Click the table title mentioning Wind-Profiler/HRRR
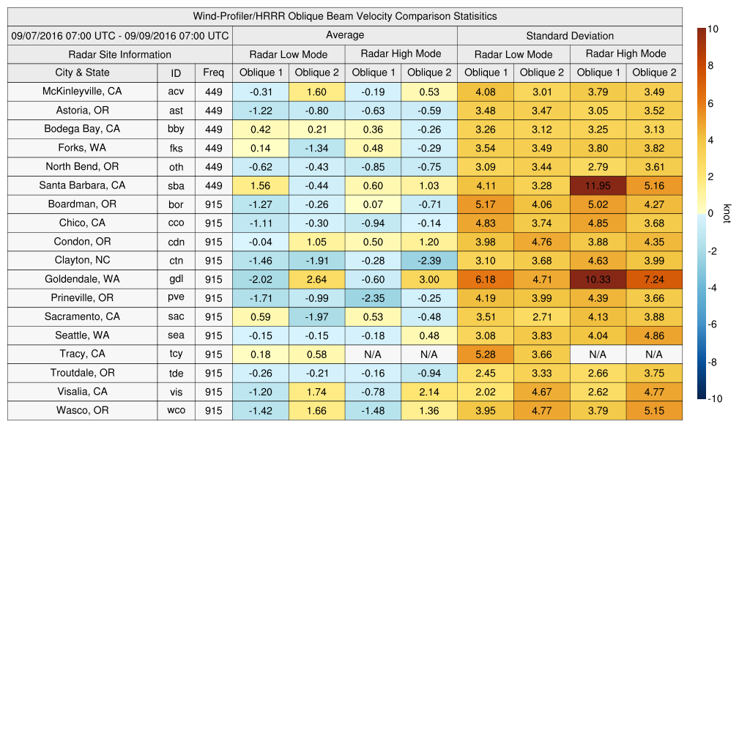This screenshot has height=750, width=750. tap(345, 16)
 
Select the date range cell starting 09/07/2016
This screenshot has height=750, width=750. tap(120, 35)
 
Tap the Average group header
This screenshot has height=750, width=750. tap(345, 35)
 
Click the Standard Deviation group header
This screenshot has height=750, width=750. tap(570, 35)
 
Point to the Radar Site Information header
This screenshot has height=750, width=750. tap(120, 54)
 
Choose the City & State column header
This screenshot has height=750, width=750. tap(82, 73)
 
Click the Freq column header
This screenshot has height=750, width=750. tap(214, 73)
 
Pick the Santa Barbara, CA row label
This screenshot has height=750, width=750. tap(82, 185)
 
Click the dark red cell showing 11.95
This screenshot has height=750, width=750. tap(598, 185)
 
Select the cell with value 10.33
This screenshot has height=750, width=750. tap(598, 279)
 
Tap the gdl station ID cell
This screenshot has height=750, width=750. tap(176, 279)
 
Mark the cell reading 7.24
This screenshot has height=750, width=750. tap(654, 279)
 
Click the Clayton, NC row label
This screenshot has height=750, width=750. tap(82, 260)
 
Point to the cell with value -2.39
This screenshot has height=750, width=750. tap(429, 260)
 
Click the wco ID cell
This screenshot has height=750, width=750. tap(176, 410)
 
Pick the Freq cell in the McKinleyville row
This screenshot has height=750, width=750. tap(214, 92)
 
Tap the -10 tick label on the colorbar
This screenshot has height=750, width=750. tap(716, 399)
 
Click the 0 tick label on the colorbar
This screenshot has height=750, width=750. tap(710, 214)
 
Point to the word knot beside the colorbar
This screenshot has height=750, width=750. tap(727, 214)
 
